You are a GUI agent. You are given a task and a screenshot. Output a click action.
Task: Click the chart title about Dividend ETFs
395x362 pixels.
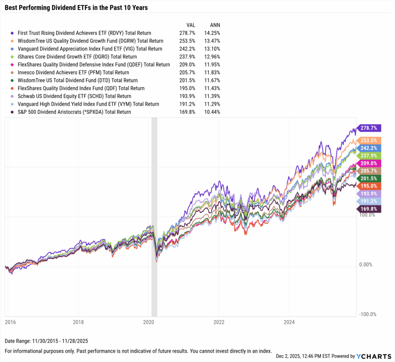pyautogui.click(x=76, y=8)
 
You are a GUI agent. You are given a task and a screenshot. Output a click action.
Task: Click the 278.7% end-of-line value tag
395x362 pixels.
pyautogui.click(x=370, y=128)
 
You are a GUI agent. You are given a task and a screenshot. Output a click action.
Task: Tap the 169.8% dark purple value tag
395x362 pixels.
pyautogui.click(x=370, y=209)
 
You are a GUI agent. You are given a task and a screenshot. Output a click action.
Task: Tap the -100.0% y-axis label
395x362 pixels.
pyautogui.click(x=368, y=314)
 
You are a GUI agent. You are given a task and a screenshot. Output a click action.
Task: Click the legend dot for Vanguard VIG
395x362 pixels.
pyautogui.click(x=13, y=49)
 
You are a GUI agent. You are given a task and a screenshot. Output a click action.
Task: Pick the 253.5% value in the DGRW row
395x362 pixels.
pyautogui.click(x=188, y=41)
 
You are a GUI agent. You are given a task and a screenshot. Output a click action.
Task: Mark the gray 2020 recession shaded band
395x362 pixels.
pyautogui.click(x=154, y=216)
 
